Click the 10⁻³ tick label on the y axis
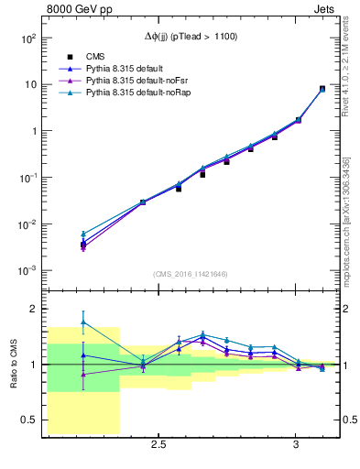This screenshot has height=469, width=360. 26,272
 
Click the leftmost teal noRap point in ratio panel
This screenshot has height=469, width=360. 83,322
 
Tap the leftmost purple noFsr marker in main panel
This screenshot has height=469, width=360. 83,246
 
